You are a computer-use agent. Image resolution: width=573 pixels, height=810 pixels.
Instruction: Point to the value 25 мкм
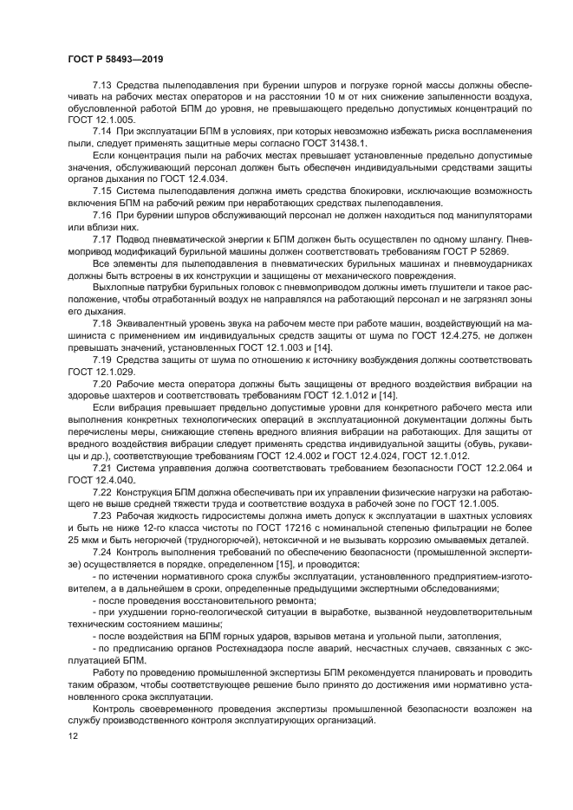[84, 540]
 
